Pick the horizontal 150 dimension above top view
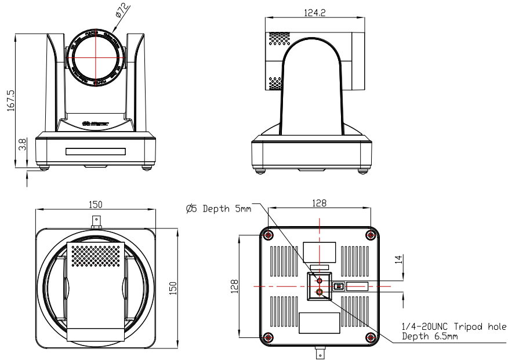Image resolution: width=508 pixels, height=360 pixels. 96,204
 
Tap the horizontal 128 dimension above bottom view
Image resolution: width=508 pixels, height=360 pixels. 319,203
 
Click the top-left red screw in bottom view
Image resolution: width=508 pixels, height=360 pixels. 268,235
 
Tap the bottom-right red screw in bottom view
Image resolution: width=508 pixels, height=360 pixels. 371,337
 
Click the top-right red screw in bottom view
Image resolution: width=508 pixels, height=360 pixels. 371,235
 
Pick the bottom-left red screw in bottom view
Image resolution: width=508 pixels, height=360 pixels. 268,337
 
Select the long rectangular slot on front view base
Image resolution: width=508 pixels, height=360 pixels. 95,152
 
